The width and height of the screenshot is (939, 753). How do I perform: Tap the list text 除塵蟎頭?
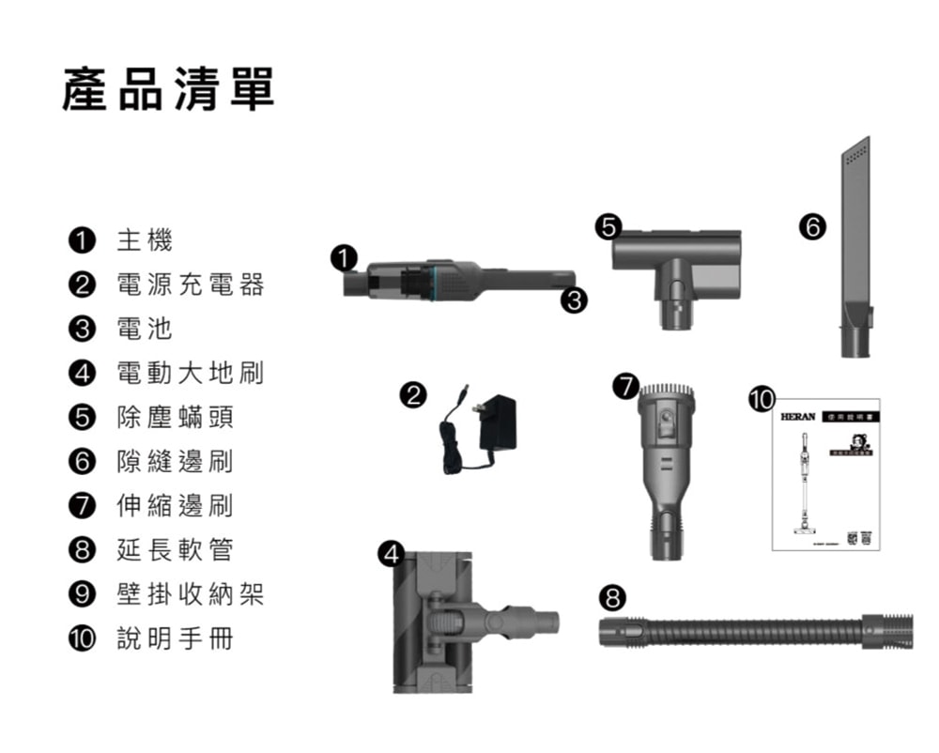tap(175, 418)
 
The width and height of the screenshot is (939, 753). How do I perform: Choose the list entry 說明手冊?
tap(175, 639)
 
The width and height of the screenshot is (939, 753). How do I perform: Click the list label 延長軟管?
tap(175, 551)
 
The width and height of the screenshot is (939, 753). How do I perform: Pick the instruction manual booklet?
tap(825, 479)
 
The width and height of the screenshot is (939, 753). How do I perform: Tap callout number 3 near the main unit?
tap(573, 300)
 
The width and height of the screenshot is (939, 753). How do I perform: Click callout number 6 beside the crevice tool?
tap(812, 226)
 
